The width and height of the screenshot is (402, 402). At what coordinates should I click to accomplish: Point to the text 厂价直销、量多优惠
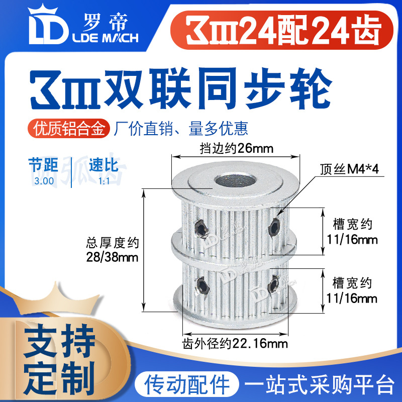tap(181, 129)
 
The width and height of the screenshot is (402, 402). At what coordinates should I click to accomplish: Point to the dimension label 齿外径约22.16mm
tap(234, 344)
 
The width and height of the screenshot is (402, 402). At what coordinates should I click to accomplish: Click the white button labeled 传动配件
tap(185, 384)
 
